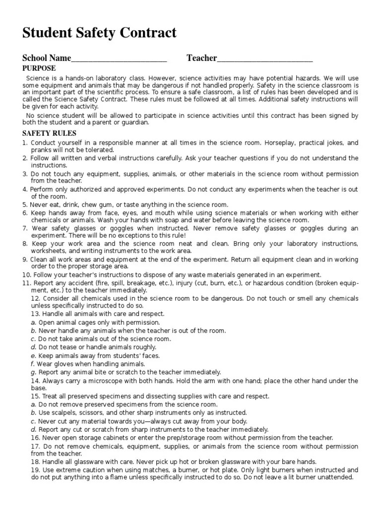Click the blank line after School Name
119,59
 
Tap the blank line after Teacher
265,59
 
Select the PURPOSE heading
39,68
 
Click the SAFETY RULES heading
49,133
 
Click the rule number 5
25,204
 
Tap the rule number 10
26,274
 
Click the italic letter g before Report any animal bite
33,372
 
